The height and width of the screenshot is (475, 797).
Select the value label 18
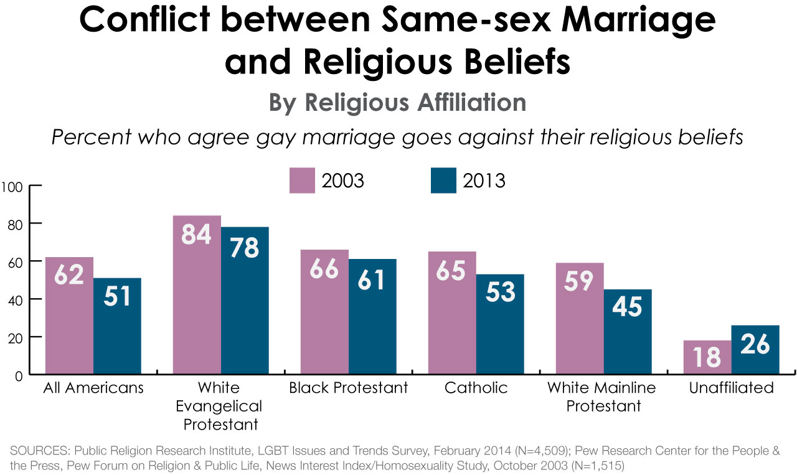click(x=707, y=357)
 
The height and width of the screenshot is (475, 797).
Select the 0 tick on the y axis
click(x=19, y=375)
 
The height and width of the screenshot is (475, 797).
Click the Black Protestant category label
click(x=349, y=388)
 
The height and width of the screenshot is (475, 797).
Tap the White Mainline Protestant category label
click(x=601, y=397)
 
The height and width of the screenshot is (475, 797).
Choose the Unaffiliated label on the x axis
click(x=731, y=388)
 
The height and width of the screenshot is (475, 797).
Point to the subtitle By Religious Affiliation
click(x=397, y=103)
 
